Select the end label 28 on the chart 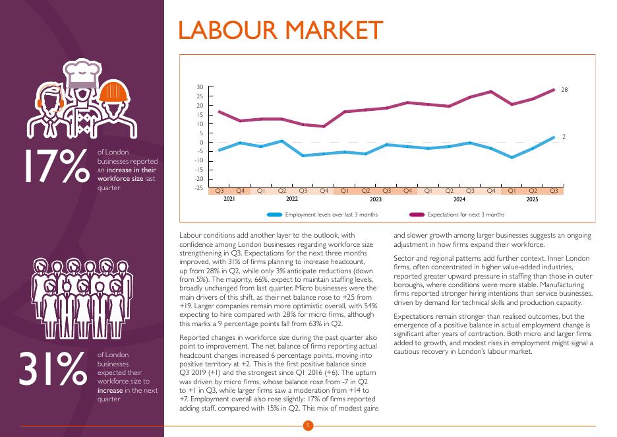pyautogui.click(x=564, y=89)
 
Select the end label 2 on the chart pyautogui.click(x=564, y=137)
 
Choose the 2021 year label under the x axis pyautogui.click(x=229, y=199)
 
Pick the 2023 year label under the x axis pyautogui.click(x=376, y=199)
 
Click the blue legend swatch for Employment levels pyautogui.click(x=274, y=215)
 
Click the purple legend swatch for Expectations pyautogui.click(x=417, y=215)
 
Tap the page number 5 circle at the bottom pyautogui.click(x=308, y=426)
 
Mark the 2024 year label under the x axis pyautogui.click(x=459, y=199)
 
